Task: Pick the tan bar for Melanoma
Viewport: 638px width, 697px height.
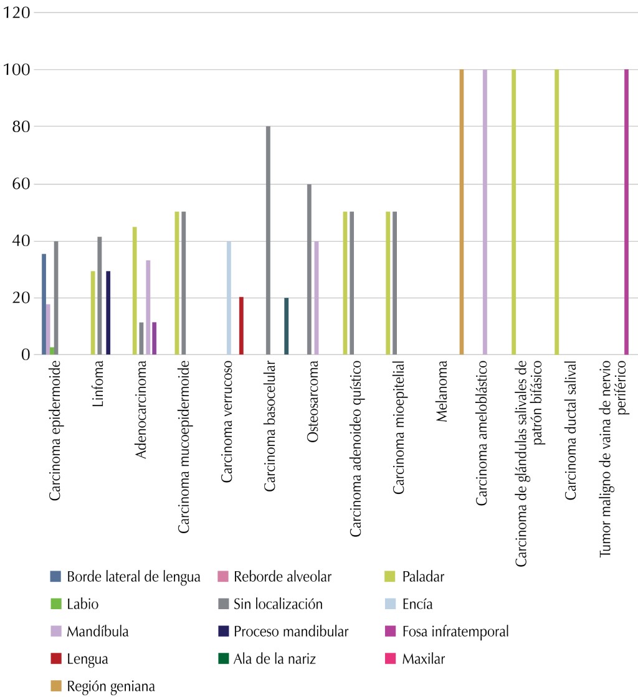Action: [x=462, y=212]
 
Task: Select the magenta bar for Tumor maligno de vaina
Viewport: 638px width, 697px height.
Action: [x=626, y=212]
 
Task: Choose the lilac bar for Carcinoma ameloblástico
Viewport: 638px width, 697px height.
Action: [x=485, y=212]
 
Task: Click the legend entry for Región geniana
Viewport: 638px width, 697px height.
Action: [x=111, y=686]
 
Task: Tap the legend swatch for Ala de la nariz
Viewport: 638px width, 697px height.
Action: [x=224, y=658]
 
